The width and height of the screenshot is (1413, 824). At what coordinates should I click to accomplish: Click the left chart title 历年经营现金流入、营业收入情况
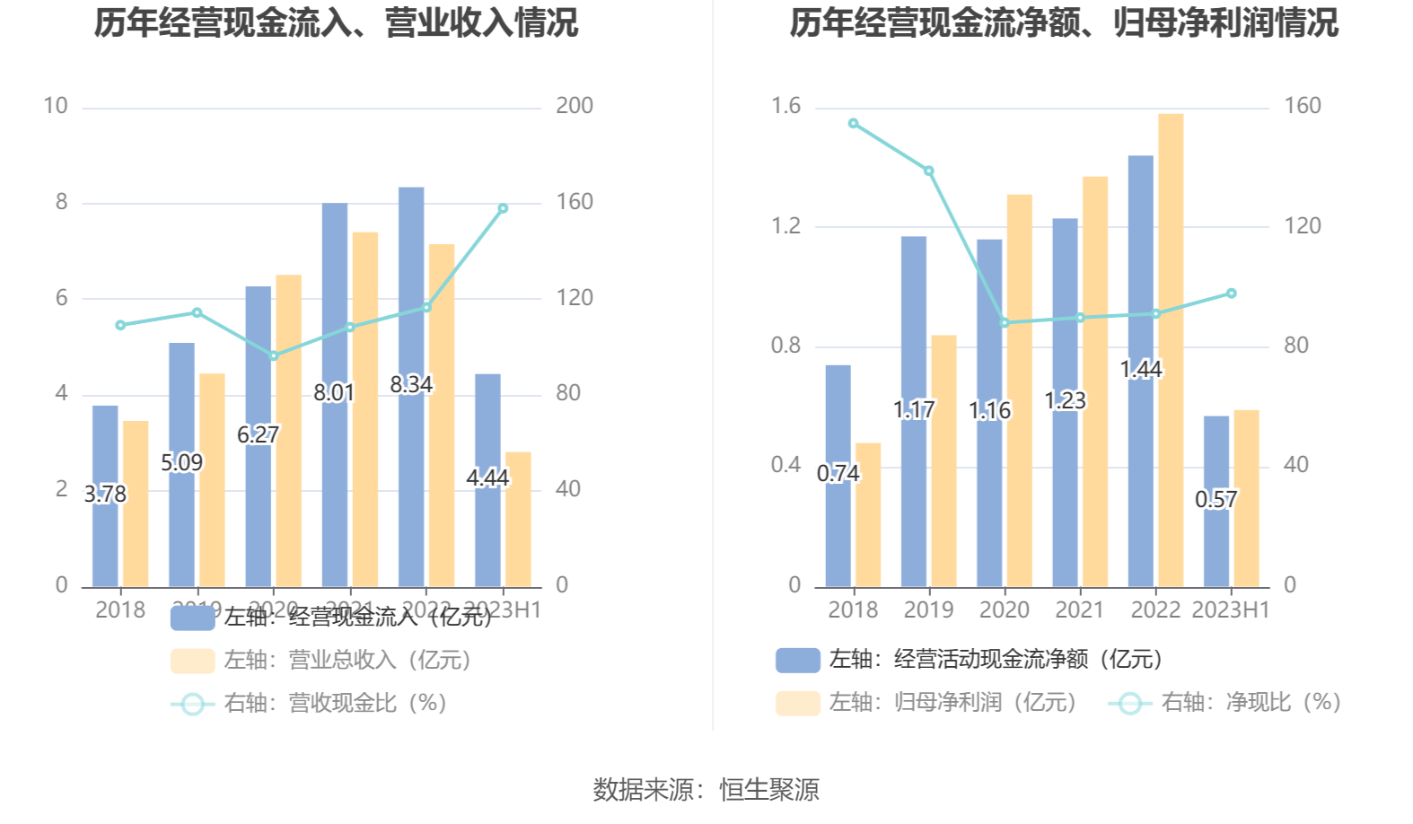(336, 23)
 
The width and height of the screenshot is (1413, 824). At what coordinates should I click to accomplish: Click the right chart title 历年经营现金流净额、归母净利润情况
(1064, 23)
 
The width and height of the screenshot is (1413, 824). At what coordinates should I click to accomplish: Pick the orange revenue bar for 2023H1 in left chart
(518, 519)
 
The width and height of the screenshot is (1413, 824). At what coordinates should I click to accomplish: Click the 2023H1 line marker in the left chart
(503, 208)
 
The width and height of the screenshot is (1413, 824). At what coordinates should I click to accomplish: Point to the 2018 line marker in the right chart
(853, 124)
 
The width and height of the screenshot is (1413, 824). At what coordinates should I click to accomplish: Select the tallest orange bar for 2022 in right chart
(1171, 350)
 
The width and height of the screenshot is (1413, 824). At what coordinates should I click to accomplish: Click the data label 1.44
(1141, 369)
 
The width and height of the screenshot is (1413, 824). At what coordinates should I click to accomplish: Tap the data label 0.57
(1216, 499)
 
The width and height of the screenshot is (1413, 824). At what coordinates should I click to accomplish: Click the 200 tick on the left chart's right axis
(575, 106)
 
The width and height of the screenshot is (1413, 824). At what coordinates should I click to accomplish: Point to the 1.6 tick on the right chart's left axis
(785, 106)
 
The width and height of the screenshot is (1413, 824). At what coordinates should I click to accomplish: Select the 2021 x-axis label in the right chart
(1079, 610)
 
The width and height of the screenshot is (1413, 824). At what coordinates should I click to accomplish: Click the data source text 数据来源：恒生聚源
(706, 790)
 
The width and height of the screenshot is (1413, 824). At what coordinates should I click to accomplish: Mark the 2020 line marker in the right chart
(1004, 323)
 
